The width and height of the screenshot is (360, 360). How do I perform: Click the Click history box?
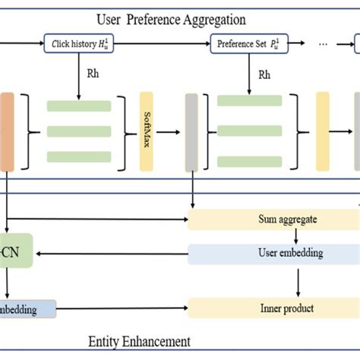click(79, 45)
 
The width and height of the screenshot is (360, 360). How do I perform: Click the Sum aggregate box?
click(272, 220)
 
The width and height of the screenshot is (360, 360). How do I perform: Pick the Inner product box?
click(272, 308)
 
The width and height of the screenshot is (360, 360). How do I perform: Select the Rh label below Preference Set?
click(264, 75)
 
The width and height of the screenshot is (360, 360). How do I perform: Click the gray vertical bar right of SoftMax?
click(191, 131)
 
